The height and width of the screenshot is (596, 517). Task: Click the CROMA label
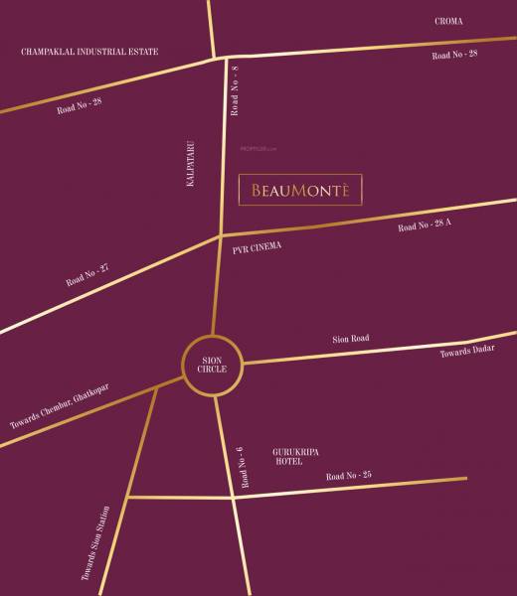(449, 20)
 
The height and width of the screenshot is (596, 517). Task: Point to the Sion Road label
(351, 339)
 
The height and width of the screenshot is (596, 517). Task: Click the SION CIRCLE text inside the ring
(214, 363)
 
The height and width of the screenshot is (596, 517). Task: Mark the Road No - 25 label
(348, 478)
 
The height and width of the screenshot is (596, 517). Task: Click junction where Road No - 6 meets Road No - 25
(233, 497)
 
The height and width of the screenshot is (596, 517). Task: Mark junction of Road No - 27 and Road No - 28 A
(221, 236)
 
